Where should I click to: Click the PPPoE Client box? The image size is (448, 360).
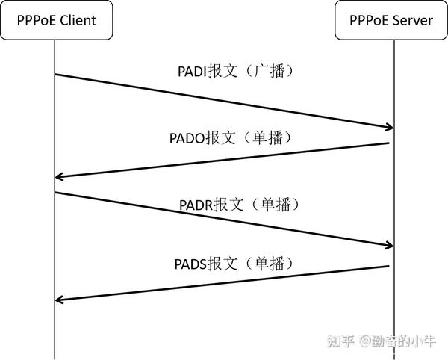[56, 20]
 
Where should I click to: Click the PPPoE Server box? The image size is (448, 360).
[391, 20]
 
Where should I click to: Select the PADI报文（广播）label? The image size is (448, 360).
[236, 72]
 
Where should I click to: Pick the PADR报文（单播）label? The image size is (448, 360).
[234, 204]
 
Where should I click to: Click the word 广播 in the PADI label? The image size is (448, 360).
[273, 72]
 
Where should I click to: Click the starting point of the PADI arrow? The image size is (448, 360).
[55, 75]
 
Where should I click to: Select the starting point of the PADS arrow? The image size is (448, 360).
[390, 266]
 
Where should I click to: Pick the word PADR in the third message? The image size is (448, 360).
[196, 205]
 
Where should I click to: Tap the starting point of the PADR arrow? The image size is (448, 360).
[55, 193]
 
